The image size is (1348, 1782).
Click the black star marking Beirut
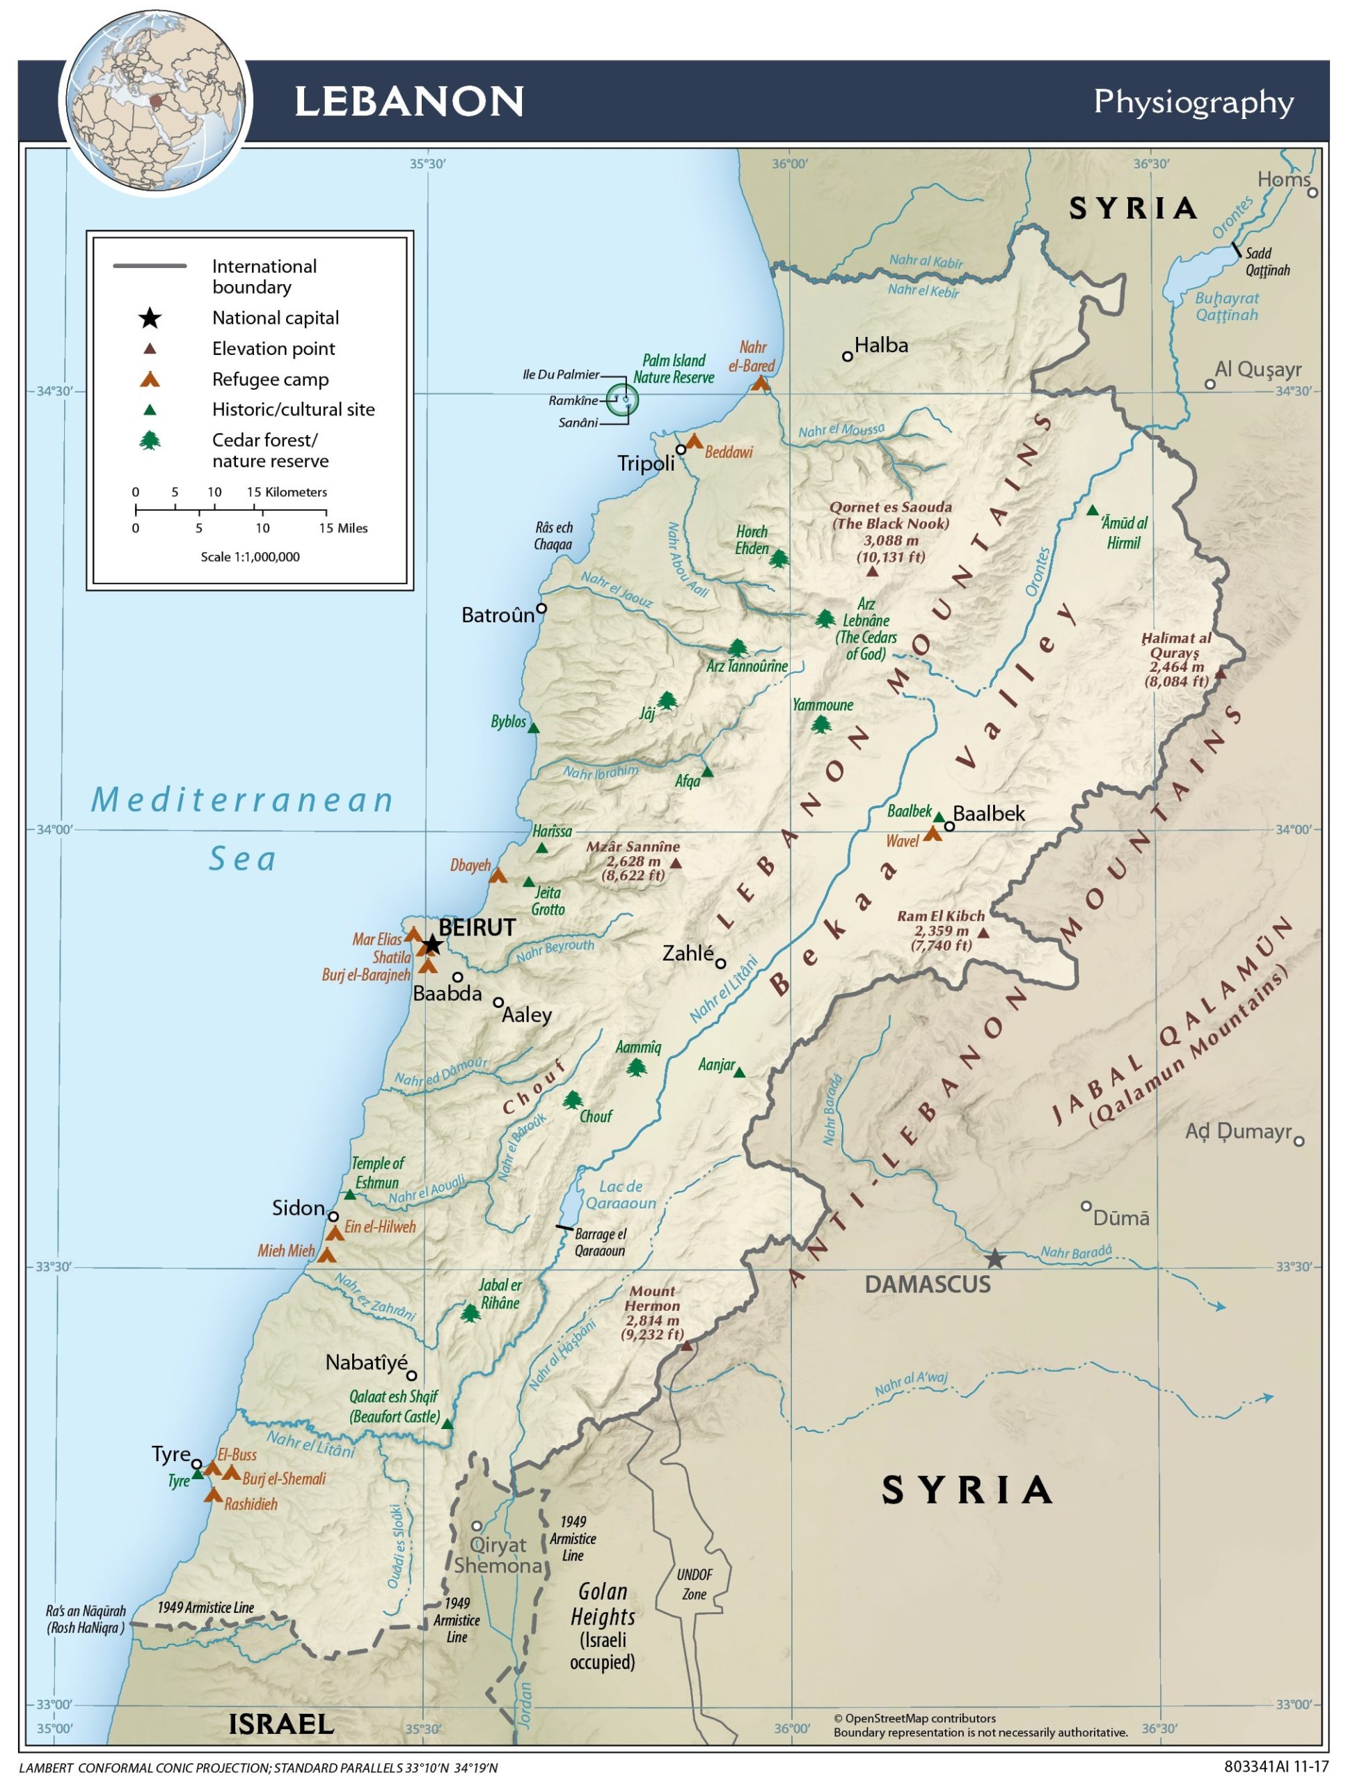[432, 944]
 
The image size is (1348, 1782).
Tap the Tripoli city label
[646, 463]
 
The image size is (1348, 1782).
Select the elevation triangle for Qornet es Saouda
[871, 571]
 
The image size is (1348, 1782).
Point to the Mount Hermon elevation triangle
[687, 1346]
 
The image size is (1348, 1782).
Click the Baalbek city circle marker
[949, 826]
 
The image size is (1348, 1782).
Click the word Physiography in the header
[1194, 102]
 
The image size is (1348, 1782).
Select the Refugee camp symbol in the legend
[150, 379]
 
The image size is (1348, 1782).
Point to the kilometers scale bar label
[287, 492]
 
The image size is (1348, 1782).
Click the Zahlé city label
[688, 954]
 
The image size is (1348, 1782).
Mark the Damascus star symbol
[995, 1259]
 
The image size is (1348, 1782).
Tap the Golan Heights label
[603, 1604]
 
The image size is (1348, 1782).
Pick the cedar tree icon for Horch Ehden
[778, 558]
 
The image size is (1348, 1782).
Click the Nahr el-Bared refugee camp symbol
[760, 384]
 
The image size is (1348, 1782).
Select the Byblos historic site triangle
[532, 728]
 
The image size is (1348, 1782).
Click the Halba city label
[881, 345]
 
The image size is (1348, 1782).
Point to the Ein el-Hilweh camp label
[380, 1227]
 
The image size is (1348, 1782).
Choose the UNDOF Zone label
[694, 1584]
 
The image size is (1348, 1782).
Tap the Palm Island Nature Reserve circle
[622, 400]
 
